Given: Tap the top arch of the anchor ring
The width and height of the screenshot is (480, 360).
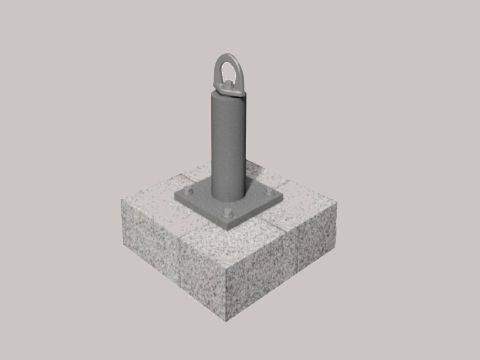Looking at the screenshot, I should point(227,55).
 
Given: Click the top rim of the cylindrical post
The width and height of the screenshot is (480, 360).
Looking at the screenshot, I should point(227,91).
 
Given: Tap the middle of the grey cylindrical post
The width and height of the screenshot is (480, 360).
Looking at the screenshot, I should point(227,140).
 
